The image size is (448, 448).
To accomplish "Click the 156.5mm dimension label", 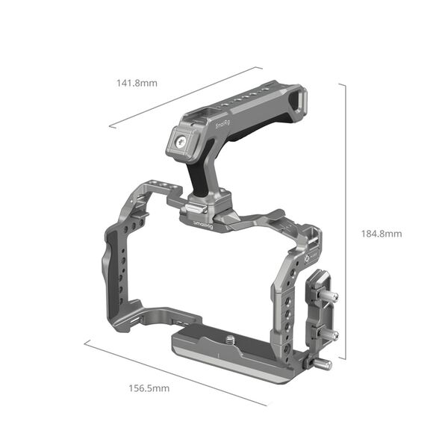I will [149, 388].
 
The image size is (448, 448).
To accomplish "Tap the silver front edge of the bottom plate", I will [231, 370].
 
